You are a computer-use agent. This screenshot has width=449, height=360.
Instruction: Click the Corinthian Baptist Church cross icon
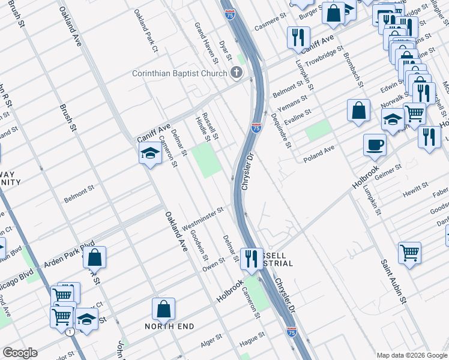click(x=237, y=74)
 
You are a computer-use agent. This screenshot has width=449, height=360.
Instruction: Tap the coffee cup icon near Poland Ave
click(x=375, y=145)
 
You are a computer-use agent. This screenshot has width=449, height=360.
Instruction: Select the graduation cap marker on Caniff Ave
click(x=149, y=154)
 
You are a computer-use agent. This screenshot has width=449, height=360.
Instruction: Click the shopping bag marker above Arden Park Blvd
click(x=95, y=257)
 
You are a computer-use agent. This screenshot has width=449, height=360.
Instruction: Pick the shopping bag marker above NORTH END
click(x=163, y=309)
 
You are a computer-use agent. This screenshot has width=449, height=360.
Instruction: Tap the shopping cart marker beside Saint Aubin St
click(x=409, y=253)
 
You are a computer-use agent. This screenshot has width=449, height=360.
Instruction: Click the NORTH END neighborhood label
click(x=169, y=326)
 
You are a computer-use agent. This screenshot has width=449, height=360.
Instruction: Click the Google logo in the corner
click(x=20, y=353)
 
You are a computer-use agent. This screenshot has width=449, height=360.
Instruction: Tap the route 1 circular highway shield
click(x=70, y=332)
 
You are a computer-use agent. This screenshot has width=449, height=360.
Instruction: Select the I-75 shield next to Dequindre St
click(x=256, y=127)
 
